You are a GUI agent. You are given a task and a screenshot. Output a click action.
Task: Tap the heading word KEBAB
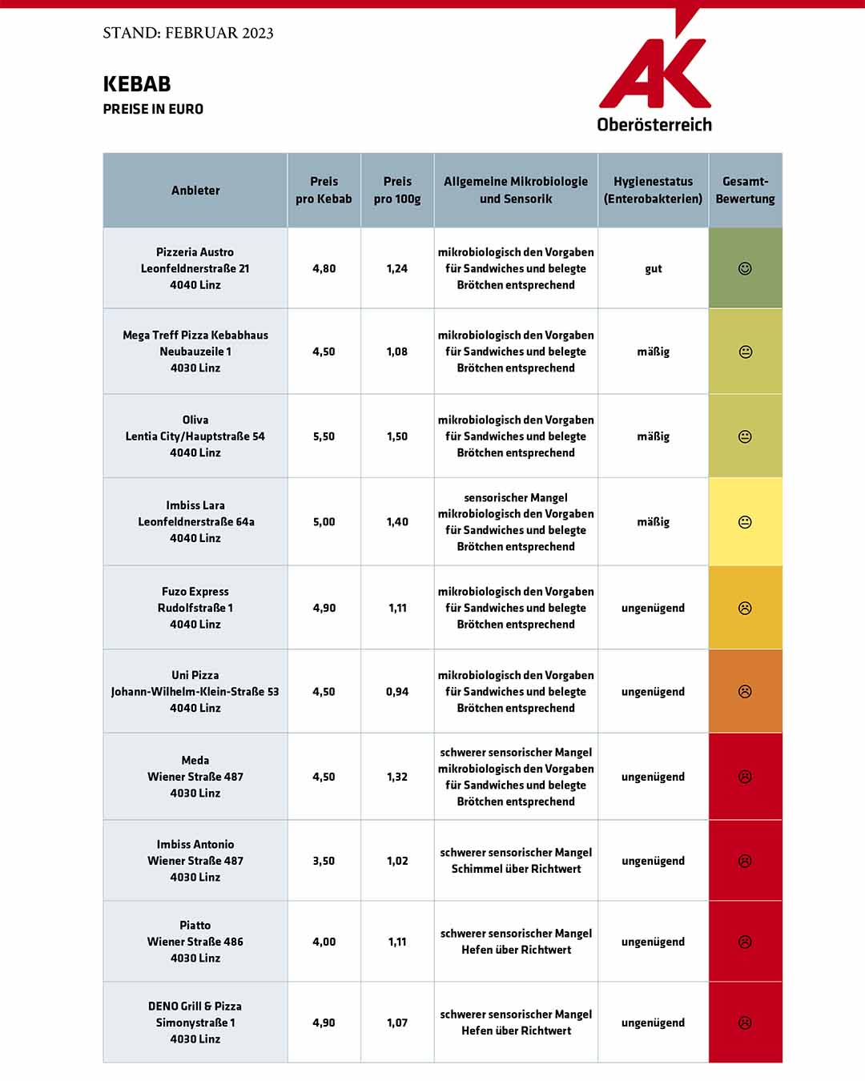coord(137,84)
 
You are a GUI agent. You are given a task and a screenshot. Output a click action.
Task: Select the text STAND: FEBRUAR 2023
coord(188,33)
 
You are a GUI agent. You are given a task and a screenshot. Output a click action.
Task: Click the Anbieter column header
coord(195,191)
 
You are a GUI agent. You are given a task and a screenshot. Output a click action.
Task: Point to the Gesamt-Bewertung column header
coord(745,191)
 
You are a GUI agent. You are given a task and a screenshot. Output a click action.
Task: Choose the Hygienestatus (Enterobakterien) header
coord(653,191)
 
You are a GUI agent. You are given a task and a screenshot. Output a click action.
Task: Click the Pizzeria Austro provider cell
coord(195,268)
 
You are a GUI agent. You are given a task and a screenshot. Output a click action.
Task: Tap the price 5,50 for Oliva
coord(324,436)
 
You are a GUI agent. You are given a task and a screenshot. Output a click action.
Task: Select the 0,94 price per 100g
coord(397,692)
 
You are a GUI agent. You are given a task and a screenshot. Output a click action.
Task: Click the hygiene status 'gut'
coord(653,269)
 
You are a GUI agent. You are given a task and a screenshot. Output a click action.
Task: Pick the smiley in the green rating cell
coord(745,268)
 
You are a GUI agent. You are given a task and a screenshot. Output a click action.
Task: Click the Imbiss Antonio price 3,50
coord(324,861)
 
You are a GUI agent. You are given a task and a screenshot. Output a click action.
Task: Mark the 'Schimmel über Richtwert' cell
coord(516,861)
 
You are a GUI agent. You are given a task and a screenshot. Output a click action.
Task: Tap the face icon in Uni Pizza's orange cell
coord(745,691)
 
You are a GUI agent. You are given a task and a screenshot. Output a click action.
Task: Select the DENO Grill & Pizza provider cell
coord(195,1023)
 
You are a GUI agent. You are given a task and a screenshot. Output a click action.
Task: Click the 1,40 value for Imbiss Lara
coord(397,522)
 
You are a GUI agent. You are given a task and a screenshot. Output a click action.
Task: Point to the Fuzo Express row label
coord(195,608)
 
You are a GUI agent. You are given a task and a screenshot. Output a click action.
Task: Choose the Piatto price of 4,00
coord(324,942)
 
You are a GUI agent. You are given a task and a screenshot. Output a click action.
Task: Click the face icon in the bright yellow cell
coord(745,522)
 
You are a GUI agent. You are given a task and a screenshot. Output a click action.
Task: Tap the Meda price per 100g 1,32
coord(397,777)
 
